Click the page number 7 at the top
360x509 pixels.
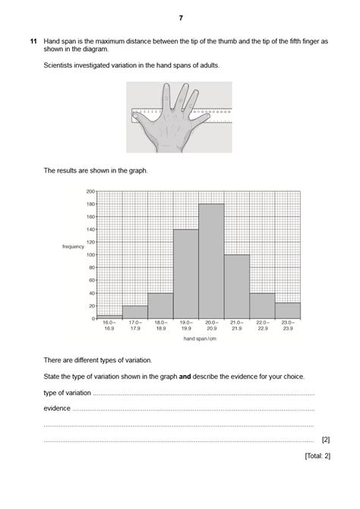click(x=181, y=17)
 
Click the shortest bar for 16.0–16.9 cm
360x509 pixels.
click(x=109, y=316)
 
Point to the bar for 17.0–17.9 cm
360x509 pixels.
click(x=134, y=311)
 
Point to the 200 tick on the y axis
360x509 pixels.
click(x=90, y=191)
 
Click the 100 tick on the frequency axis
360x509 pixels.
click(x=90, y=254)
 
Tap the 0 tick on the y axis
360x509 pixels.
click(x=93, y=318)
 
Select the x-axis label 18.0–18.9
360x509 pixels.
click(x=160, y=327)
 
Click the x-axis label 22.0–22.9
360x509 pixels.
click(x=262, y=327)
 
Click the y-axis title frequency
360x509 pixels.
click(x=73, y=247)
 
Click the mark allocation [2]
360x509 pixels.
click(x=325, y=439)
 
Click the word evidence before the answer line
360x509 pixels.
click(x=57, y=408)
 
